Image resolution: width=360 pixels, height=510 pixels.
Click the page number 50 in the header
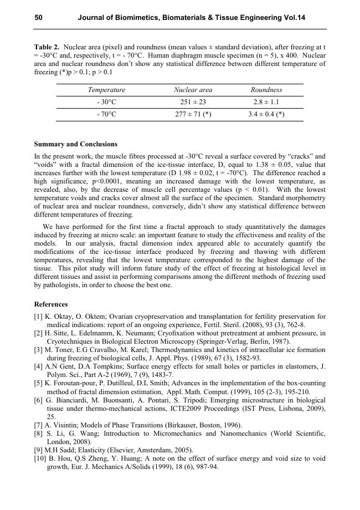tap(39, 18)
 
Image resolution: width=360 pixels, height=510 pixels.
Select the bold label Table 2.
tap(47, 47)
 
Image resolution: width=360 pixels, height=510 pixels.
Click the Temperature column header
tap(106, 90)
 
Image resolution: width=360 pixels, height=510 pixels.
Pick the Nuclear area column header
tap(193, 90)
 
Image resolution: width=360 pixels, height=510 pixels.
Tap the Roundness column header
tap(266, 90)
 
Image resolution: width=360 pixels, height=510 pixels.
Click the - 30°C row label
tap(106, 102)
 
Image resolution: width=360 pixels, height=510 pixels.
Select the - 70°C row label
tap(106, 114)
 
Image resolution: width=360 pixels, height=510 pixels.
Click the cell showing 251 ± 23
tap(193, 102)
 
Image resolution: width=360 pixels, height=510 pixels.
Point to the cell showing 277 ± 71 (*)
tap(193, 114)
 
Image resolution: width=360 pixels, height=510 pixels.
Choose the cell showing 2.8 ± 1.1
tap(266, 102)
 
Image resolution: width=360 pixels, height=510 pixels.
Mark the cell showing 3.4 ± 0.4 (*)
tap(266, 114)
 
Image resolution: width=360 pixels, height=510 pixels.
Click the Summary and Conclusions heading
tap(76, 144)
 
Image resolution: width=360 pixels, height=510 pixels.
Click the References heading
tap(51, 304)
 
